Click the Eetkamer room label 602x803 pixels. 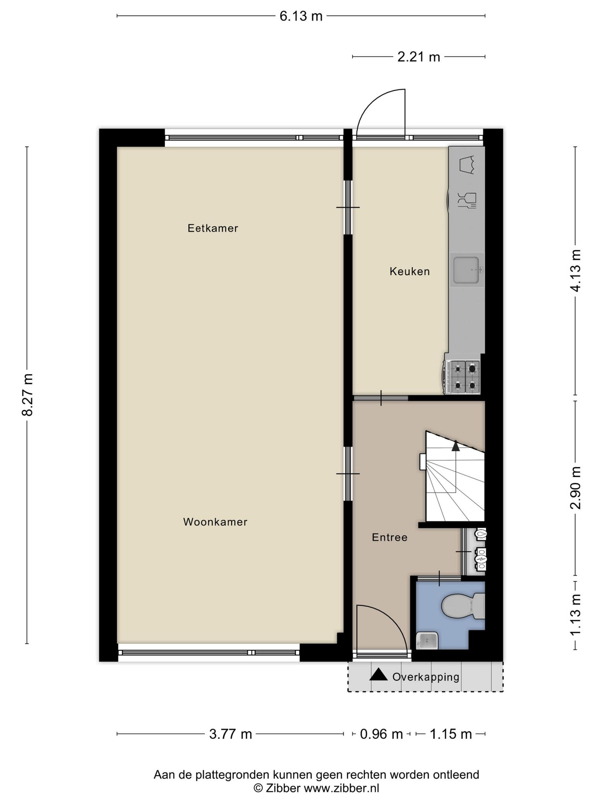coord(213,228)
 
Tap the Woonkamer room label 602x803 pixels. coord(215,522)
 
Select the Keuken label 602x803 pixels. coord(410,271)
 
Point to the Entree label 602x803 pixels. coord(390,537)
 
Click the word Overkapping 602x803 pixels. coord(426,677)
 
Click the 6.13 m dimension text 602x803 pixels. coord(301,16)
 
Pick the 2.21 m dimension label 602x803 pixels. coord(419,57)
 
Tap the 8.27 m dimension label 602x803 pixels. coord(27,394)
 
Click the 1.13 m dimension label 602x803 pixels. coord(575,616)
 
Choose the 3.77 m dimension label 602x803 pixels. coord(230,734)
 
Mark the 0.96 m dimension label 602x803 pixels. coord(381,734)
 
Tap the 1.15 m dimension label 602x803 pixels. coord(451,734)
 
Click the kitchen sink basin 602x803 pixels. coord(466,270)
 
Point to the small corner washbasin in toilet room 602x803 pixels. coord(426,640)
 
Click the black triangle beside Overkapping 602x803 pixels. coord(379,674)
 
